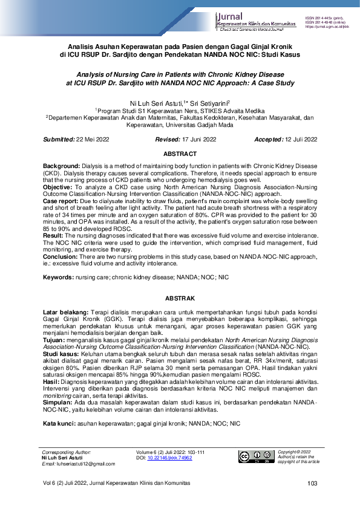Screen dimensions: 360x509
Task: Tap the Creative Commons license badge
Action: click(255, 456)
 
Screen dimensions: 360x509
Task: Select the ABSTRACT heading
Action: click(180, 154)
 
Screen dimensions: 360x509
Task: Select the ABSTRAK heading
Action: click(180, 298)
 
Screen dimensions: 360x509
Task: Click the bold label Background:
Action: click(61, 165)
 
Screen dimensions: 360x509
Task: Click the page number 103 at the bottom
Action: click(312, 483)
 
